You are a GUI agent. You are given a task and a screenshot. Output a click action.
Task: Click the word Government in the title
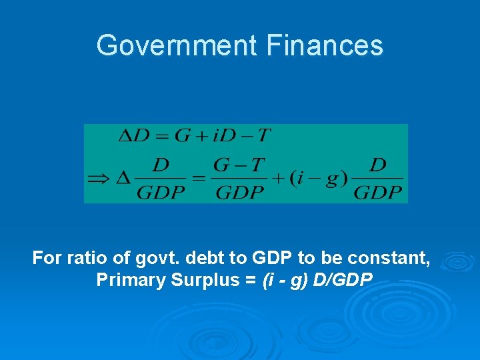177,45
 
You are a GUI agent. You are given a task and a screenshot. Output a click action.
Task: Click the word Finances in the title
325,45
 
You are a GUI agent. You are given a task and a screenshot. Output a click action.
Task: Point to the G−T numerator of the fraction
239,165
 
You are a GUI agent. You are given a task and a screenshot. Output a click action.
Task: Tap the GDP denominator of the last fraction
378,193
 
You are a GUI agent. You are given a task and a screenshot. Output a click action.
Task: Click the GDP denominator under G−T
239,193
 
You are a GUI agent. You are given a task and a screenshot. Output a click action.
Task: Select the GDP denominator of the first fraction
160,193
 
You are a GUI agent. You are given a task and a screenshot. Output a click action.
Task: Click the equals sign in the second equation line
198,179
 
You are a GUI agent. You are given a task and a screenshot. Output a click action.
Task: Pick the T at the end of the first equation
264,136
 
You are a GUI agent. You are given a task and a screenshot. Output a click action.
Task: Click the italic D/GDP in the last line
343,280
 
